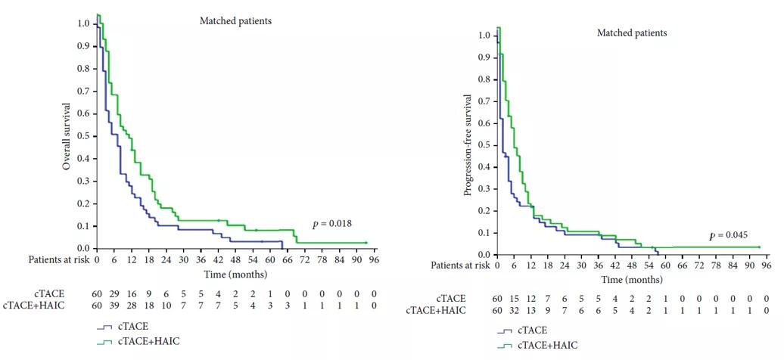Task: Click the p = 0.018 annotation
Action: pyautogui.click(x=331, y=224)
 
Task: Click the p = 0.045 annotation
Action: pyautogui.click(x=727, y=236)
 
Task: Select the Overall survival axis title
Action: pyautogui.click(x=67, y=136)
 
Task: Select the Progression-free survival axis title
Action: pyautogui.click(x=468, y=145)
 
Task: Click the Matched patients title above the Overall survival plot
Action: pyautogui.click(x=235, y=21)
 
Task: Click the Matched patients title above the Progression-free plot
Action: pyautogui.click(x=632, y=33)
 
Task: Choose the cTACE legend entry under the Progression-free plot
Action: pyautogui.click(x=533, y=331)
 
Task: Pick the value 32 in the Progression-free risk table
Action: pyautogui.click(x=514, y=310)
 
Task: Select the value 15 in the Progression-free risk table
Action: pyautogui.click(x=514, y=299)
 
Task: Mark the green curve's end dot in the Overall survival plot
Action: pyautogui.click(x=366, y=243)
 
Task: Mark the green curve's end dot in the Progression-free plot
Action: pyautogui.click(x=758, y=247)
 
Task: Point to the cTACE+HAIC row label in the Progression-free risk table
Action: pyautogui.click(x=435, y=310)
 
